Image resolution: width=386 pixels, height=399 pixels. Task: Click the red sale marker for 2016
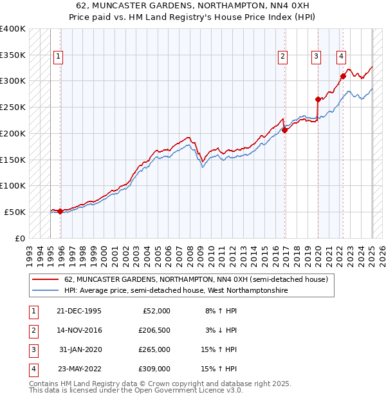[284, 130]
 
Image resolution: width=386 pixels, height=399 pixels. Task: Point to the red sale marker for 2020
[318, 99]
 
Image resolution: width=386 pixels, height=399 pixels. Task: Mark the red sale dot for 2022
[343, 76]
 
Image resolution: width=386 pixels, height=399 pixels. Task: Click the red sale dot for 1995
[60, 211]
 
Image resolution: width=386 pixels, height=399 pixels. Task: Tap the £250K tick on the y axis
[14, 107]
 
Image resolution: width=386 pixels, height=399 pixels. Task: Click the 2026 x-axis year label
[381, 251]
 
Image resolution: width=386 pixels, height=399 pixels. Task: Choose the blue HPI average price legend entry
[176, 291]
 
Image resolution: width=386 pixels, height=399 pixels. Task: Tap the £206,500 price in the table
[154, 330]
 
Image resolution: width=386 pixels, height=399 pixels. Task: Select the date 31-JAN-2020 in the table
[80, 349]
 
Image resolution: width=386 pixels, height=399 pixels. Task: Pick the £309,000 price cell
[154, 369]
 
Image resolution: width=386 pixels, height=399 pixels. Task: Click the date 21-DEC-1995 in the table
[79, 311]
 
